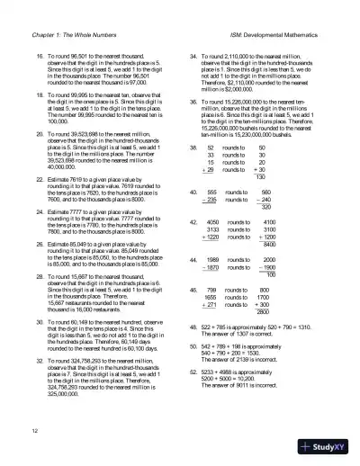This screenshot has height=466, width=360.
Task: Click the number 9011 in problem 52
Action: [247, 360]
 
